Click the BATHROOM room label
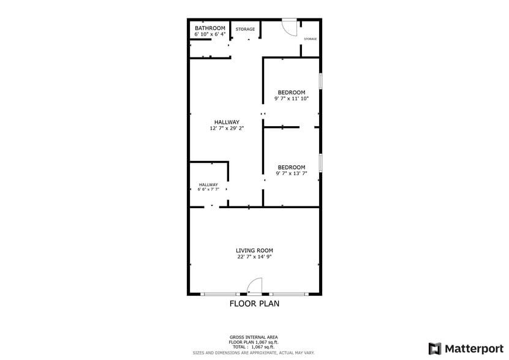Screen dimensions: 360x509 [x=210, y=28]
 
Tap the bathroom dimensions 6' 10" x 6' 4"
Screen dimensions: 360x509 [x=210, y=34]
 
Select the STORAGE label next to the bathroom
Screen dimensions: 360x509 [x=246, y=29]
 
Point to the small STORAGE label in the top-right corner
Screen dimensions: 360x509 [x=311, y=39]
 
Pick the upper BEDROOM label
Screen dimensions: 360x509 [x=292, y=92]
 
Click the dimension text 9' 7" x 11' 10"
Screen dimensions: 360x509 [x=292, y=99]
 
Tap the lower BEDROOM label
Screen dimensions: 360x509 [x=292, y=167]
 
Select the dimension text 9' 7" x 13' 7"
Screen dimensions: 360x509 [x=292, y=173]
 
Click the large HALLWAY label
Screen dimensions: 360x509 [x=227, y=122]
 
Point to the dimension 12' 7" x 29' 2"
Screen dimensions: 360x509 [x=227, y=129]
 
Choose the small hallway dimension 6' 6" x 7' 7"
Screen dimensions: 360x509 [x=208, y=190]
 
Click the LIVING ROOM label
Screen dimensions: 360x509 [x=255, y=250]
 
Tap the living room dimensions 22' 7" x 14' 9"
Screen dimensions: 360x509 [x=255, y=257]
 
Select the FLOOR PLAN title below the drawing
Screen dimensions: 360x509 [x=254, y=303]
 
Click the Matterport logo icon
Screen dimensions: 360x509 [x=435, y=348]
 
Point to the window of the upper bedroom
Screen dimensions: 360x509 [x=320, y=82]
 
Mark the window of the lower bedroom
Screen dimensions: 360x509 [x=320, y=162]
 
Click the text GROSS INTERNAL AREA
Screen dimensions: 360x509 [x=254, y=337]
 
